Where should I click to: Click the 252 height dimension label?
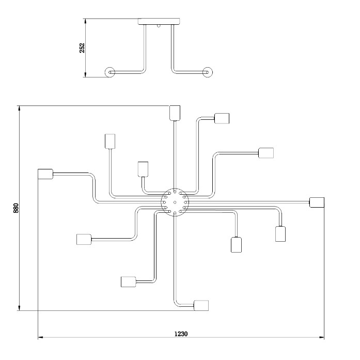coord(82,48)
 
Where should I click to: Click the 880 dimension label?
coord(16,208)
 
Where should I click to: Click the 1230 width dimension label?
coord(181,334)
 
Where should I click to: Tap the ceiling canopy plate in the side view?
coord(159,21)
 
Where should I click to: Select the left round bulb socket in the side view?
coord(110,72)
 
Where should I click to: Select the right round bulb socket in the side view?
coord(208,72)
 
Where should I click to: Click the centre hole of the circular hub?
coord(175,202)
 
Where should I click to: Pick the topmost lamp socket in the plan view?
coord(175,113)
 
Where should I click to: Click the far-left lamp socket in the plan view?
coord(45,174)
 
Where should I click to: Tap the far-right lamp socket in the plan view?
coord(317,202)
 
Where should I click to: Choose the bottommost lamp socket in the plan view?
coord(201,305)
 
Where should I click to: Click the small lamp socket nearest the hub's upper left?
coord(143,169)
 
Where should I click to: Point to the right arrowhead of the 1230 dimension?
coord(321,337)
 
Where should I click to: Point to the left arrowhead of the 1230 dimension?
coord(41,337)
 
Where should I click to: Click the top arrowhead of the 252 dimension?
coord(86,21)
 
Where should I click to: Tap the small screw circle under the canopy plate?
coord(159,26)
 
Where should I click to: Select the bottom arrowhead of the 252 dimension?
coord(86,74)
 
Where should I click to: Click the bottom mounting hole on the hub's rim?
coord(175,213)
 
